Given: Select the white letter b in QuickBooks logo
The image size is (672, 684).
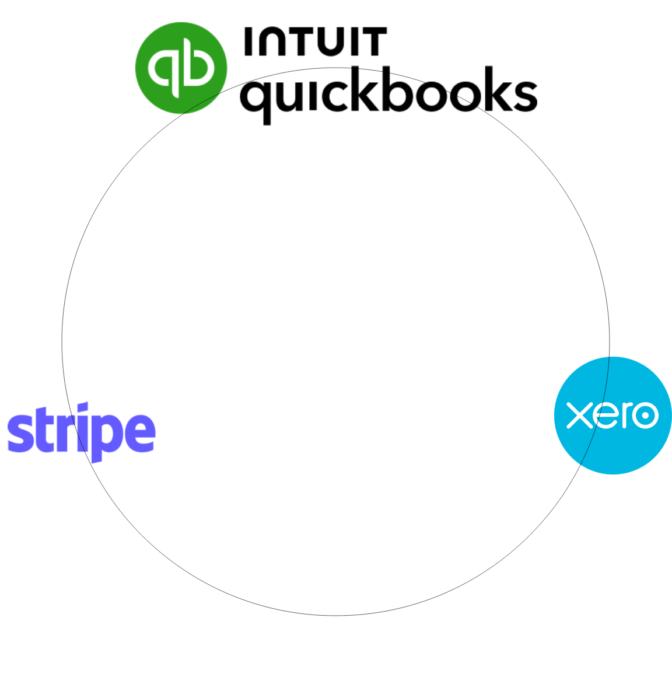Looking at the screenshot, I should pyautogui.click(x=197, y=66).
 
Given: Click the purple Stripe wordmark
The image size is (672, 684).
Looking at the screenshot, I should pyautogui.click(x=81, y=432).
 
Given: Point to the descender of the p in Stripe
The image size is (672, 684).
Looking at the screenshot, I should pyautogui.click(x=97, y=456).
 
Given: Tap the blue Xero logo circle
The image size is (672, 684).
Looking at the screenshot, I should pyautogui.click(x=612, y=449).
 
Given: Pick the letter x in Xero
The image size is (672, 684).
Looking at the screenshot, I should pyautogui.click(x=579, y=415).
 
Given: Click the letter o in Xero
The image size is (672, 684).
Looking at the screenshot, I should pyautogui.click(x=645, y=415).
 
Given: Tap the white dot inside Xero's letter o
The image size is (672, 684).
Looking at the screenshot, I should pyautogui.click(x=645, y=415).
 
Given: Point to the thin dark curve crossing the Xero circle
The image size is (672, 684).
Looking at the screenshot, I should pyautogui.click(x=607, y=385).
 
